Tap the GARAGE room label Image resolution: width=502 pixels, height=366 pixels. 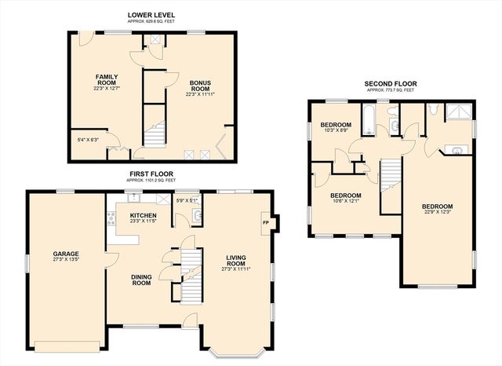pos(66,254)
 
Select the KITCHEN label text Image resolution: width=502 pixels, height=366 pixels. pos(143,215)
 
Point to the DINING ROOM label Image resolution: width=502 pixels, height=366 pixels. pos(141,279)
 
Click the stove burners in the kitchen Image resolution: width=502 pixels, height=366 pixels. pos(111,218)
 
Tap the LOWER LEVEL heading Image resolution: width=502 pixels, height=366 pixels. pos(151,15)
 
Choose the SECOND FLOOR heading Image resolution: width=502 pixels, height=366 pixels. pos(391,83)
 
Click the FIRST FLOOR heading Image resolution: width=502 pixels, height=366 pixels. pos(151,174)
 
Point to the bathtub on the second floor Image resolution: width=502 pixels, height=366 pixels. pos(369,119)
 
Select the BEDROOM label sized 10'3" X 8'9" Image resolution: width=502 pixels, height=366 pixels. pos(335,125)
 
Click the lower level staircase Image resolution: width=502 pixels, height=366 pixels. pos(155,134)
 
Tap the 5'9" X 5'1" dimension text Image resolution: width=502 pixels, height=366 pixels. pos(187,199)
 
